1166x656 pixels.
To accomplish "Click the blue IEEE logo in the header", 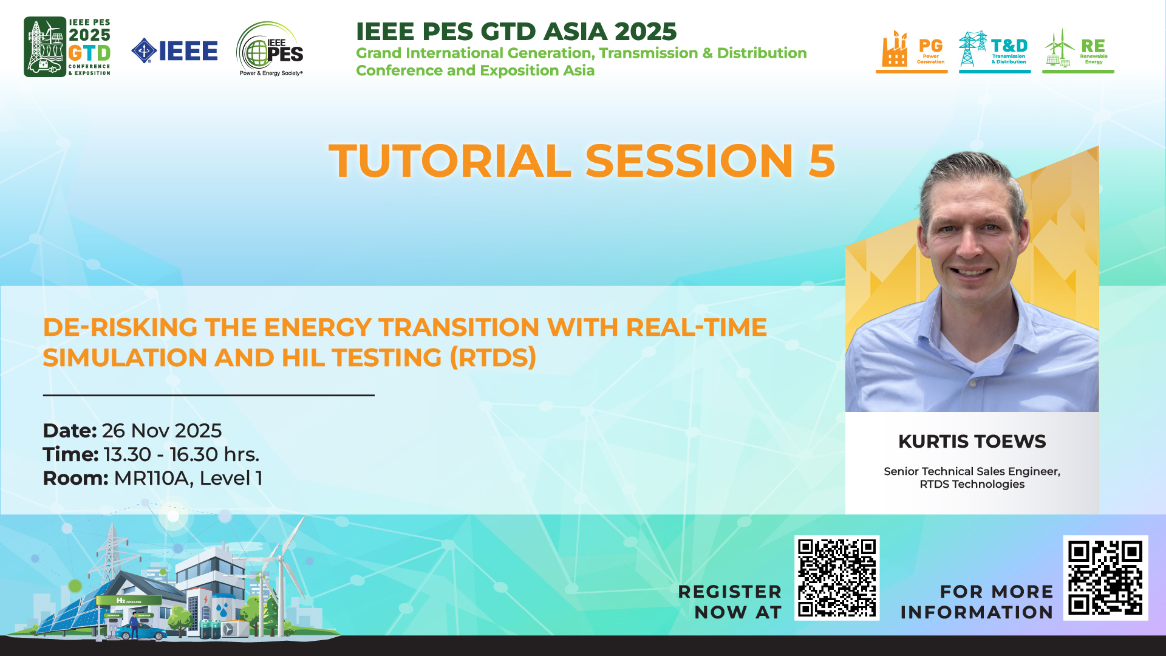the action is (x=174, y=51).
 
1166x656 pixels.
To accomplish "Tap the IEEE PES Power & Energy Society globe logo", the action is (x=270, y=49).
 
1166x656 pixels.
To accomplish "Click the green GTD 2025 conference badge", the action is (x=67, y=47).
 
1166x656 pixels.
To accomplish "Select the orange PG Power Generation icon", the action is (x=912, y=51).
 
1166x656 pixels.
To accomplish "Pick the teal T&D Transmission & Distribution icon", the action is (x=995, y=51).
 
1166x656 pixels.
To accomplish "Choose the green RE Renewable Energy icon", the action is (x=1078, y=51).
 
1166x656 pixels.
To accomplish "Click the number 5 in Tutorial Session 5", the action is (x=822, y=161).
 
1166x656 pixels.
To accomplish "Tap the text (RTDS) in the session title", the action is (x=493, y=358).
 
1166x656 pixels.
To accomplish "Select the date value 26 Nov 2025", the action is (x=162, y=431).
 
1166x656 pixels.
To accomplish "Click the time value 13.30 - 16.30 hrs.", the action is (x=182, y=454).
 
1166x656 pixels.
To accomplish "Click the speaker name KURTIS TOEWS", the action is (x=972, y=442).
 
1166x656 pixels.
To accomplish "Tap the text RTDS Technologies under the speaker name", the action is (x=972, y=484).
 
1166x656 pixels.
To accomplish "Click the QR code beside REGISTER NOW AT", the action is (x=837, y=578).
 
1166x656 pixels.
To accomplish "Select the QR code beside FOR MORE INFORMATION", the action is (x=1105, y=578).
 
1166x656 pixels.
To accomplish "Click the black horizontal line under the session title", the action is (x=208, y=395).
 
